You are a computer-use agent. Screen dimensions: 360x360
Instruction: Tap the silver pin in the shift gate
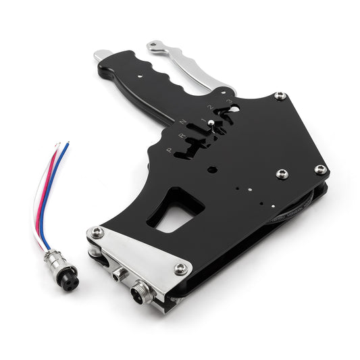[x=211, y=124]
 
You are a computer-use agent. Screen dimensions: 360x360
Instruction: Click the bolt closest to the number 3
[x=279, y=96]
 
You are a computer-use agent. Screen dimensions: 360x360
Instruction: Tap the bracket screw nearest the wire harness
[x=99, y=232]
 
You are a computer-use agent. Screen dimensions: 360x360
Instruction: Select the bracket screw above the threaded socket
[x=180, y=268]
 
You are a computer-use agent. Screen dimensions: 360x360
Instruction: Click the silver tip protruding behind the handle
[x=103, y=55]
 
